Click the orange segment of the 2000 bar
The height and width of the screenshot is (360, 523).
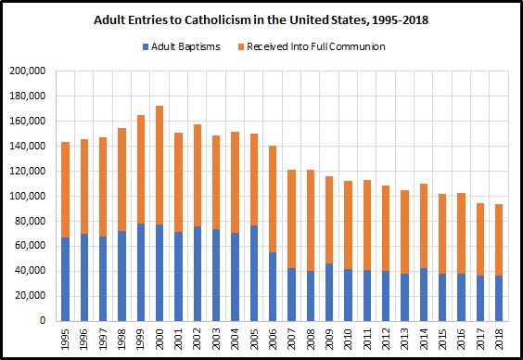point(159,165)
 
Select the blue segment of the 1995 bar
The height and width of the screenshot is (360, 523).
point(65,279)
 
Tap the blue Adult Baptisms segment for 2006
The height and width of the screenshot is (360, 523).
point(273,287)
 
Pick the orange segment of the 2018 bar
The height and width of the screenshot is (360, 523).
point(499,240)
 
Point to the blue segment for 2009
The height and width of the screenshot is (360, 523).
point(329,292)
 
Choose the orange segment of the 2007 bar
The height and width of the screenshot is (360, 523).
point(291,219)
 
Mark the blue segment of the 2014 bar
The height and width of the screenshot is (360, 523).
point(424,295)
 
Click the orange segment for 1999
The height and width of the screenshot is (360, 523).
point(141,169)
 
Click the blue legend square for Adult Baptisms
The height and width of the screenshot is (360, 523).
point(146,47)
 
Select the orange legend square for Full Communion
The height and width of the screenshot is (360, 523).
point(241,47)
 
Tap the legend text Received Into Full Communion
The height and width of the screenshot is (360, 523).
point(316,46)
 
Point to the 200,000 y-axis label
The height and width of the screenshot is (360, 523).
point(28,71)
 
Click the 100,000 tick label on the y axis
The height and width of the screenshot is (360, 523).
point(28,196)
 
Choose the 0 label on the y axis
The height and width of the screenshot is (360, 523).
point(43,321)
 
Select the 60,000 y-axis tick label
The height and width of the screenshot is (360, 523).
point(30,246)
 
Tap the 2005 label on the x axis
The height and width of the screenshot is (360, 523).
point(254,339)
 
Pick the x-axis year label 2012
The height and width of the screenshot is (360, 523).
point(386,339)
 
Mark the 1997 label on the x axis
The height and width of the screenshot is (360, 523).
point(103,339)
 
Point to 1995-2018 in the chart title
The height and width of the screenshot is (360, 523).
point(400,20)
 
